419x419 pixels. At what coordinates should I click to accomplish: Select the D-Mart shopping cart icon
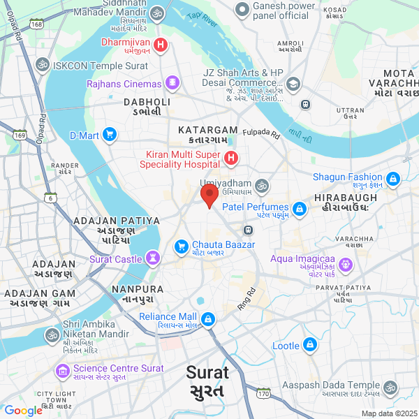(x=110, y=135)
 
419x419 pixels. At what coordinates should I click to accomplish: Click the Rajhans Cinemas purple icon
(x=172, y=84)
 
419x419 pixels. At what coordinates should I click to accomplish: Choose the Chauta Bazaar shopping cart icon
(x=181, y=246)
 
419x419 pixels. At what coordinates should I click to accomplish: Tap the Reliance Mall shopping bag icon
(x=208, y=318)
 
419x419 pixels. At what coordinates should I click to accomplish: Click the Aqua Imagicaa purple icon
(x=347, y=265)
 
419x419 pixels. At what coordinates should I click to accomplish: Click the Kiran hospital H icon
(x=231, y=159)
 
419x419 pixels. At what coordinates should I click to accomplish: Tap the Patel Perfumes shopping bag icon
(x=299, y=208)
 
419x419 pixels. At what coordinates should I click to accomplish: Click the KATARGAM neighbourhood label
(x=207, y=131)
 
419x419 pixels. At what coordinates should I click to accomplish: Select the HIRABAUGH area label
(x=346, y=198)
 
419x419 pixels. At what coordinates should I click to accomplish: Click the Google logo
(x=24, y=411)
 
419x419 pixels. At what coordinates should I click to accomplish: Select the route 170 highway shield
(x=263, y=395)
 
